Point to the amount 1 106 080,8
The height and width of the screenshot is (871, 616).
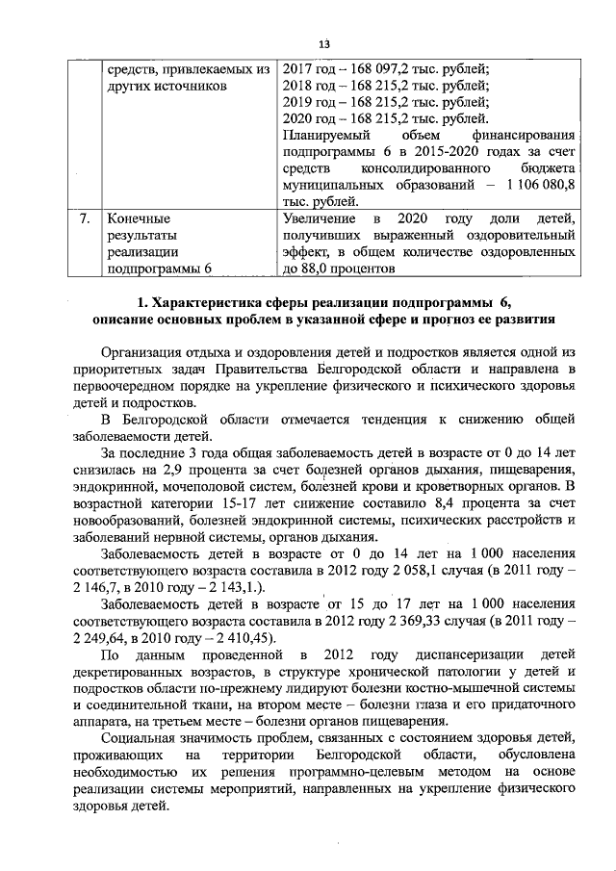pyautogui.click(x=535, y=184)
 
